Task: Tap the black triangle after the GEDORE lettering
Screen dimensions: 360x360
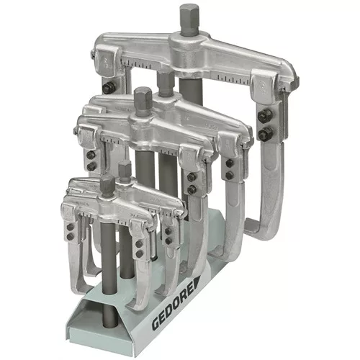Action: [196, 284]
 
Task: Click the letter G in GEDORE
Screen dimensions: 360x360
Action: [156, 323]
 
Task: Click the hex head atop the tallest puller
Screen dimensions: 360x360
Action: [189, 20]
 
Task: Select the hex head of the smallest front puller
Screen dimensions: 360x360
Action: [107, 184]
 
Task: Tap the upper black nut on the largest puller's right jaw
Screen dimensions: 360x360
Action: [264, 115]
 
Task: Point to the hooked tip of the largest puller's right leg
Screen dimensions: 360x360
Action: [251, 225]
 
